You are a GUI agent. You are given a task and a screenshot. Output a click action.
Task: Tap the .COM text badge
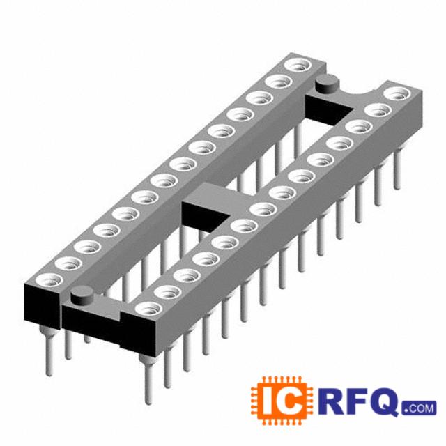pyautogui.click(x=419, y=408)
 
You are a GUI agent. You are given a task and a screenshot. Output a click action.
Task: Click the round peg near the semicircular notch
pyautogui.click(x=328, y=84)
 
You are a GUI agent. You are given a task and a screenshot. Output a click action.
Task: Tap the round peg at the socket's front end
pyautogui.click(x=82, y=295)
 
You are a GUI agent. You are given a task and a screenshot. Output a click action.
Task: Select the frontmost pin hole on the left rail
pyautogui.click(x=49, y=281)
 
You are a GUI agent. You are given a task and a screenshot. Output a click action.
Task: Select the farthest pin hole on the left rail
pyautogui.click(x=298, y=66)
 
